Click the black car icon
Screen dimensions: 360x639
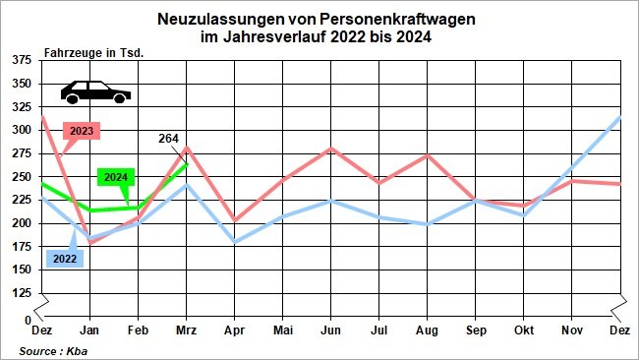[x=95, y=91]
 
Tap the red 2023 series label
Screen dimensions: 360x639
[x=83, y=130]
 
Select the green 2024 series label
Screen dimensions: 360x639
[x=115, y=177]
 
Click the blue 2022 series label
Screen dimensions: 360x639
[x=64, y=259]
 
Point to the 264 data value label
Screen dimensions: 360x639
[x=168, y=140]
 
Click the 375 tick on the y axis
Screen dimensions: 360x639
[x=21, y=61]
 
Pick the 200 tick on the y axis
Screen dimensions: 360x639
[x=21, y=223]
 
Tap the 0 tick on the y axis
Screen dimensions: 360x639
[x=28, y=320]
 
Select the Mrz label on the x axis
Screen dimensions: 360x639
[x=186, y=331]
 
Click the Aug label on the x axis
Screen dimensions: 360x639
[x=427, y=331]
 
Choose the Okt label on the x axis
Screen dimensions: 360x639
[x=523, y=331]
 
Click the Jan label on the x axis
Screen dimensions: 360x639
[x=89, y=331]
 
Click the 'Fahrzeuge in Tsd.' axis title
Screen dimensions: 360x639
[x=94, y=52]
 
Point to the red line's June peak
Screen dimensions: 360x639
[x=330, y=149]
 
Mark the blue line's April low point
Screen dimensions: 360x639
[x=234, y=242]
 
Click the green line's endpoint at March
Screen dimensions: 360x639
[x=186, y=163]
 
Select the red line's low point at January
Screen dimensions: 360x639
[x=90, y=243]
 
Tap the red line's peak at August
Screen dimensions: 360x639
[x=427, y=154]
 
